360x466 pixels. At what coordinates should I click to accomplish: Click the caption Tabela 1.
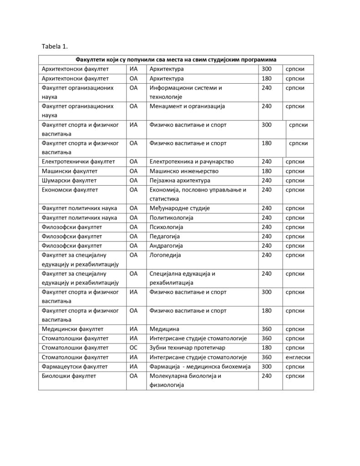click(x=55, y=46)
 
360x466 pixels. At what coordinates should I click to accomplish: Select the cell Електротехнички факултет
click(x=78, y=162)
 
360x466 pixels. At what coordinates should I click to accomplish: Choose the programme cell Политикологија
click(x=171, y=218)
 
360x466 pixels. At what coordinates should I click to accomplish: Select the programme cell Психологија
click(x=166, y=227)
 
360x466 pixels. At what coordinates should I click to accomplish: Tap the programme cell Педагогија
click(x=165, y=237)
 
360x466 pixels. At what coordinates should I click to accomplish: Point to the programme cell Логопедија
click(x=165, y=255)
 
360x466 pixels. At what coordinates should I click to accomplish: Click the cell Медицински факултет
click(x=72, y=329)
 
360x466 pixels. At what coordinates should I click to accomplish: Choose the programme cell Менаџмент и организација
click(x=187, y=106)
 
